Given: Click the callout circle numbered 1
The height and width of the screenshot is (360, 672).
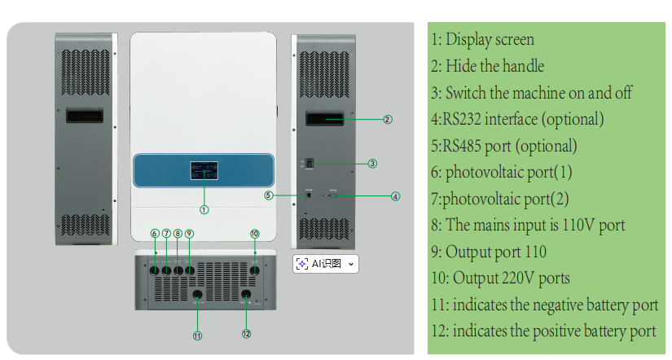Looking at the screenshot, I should coord(204,209).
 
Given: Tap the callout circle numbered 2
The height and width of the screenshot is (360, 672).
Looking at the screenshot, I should coord(388,119).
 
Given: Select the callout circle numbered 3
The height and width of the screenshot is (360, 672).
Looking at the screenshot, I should coord(372,163).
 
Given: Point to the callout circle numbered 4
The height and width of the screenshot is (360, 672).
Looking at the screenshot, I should coord(395,195).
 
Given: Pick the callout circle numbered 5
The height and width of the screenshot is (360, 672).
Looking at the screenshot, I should coord(268,195).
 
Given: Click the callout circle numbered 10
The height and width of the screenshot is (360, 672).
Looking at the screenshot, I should coord(254,234).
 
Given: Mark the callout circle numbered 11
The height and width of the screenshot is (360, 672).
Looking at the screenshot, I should coord(196,335).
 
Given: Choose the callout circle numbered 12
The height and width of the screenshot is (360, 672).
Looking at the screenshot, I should coord(247,332).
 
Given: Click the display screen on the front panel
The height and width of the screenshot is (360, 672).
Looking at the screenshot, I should coord(204,172).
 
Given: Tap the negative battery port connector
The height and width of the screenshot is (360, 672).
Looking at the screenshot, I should coord(196,295).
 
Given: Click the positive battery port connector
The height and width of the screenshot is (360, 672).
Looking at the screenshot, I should coord(246,295).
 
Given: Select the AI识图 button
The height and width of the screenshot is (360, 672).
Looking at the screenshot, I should coord(325,264).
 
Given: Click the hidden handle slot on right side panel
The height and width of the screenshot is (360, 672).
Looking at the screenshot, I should coord(324,120).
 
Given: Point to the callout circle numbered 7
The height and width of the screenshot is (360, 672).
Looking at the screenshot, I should coord(166,234).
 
